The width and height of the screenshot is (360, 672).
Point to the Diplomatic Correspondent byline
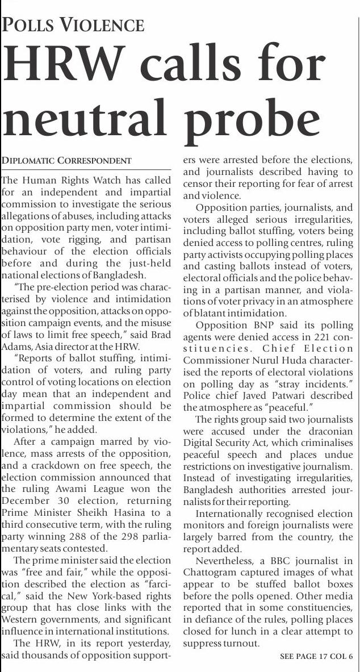[x=66, y=161]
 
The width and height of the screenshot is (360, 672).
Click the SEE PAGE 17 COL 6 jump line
[x=316, y=656]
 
